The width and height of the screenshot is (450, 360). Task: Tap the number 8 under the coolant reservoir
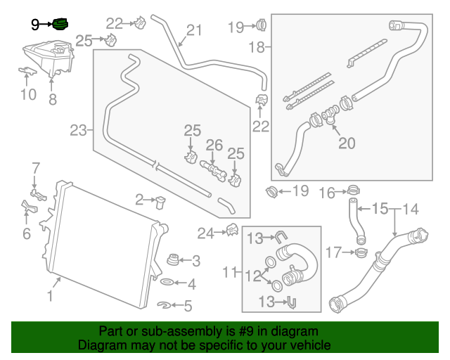tap(52, 100)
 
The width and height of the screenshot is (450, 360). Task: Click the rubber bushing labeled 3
tap(172, 261)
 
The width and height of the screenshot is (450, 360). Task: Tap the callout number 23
tap(78, 129)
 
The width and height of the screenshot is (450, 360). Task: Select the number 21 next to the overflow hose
tap(193, 30)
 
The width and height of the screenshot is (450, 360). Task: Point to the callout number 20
tap(347, 143)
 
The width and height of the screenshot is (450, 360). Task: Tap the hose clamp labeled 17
tap(360, 251)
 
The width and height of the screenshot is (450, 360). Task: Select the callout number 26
tap(214, 146)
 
